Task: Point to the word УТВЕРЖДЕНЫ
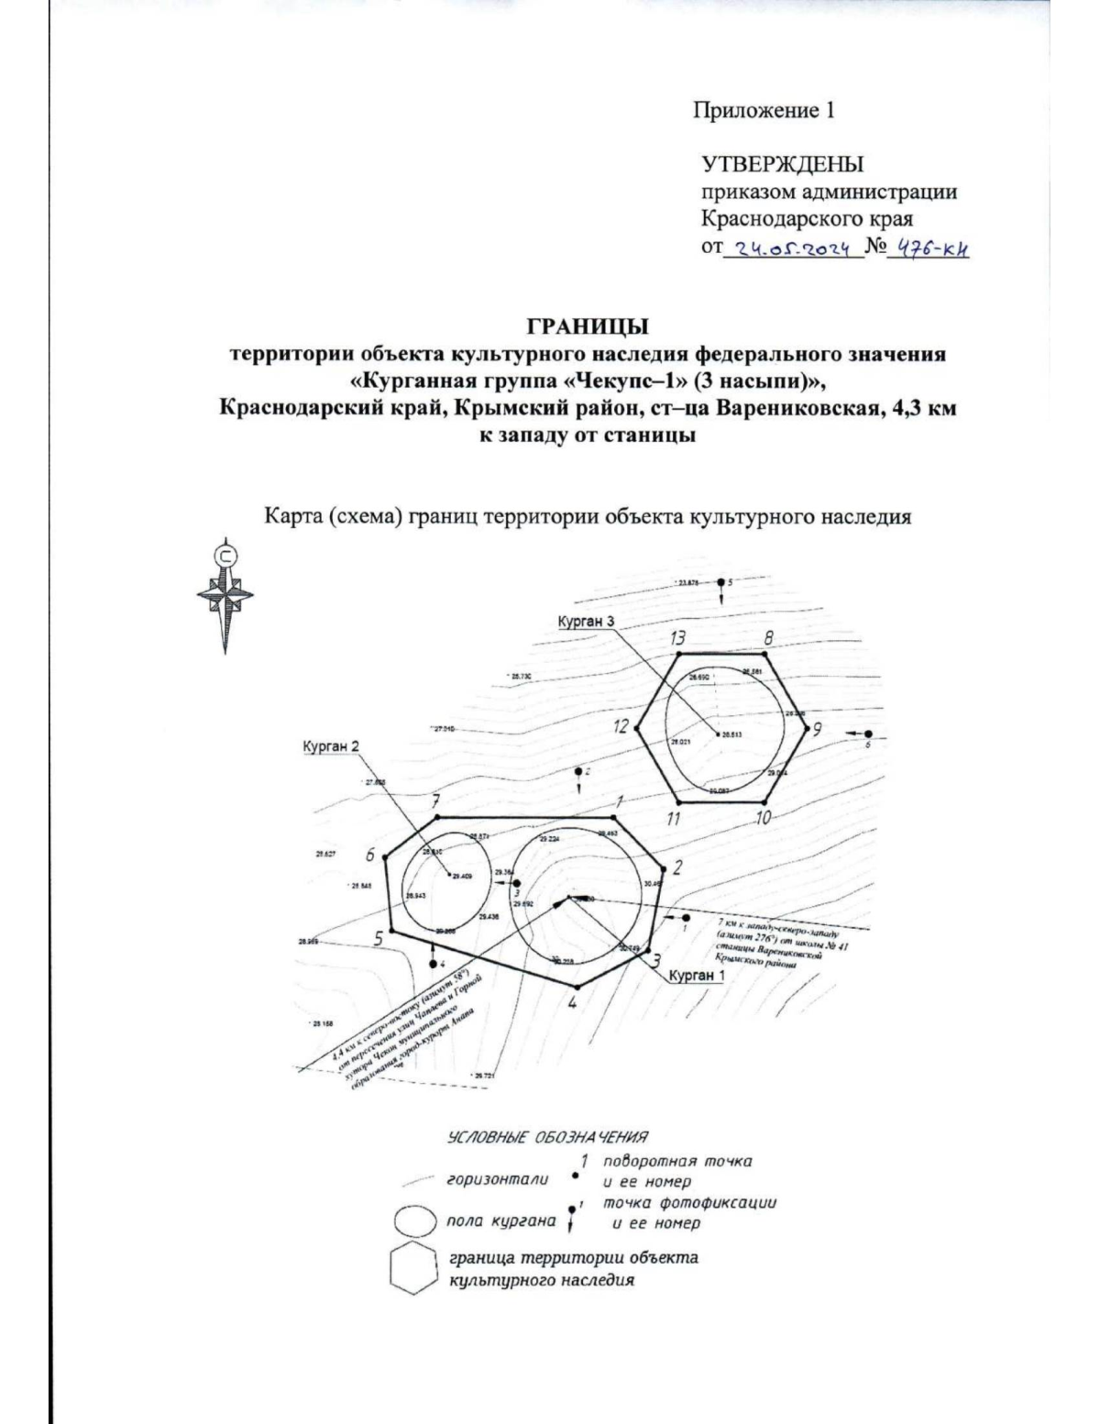tap(782, 165)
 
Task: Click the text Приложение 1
tap(763, 112)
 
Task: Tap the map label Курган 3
tap(585, 622)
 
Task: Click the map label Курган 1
tap(696, 976)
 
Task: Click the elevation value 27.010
tap(444, 729)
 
